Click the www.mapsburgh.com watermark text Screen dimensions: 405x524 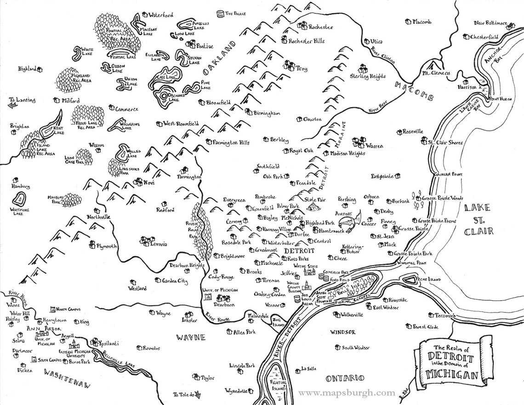[347, 393]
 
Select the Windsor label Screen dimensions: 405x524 [342, 332]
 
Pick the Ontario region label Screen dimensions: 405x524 [345, 378]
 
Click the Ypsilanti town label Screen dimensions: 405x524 [109, 343]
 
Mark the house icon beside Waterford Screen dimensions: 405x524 [144, 15]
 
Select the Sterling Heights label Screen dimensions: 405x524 [368, 76]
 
